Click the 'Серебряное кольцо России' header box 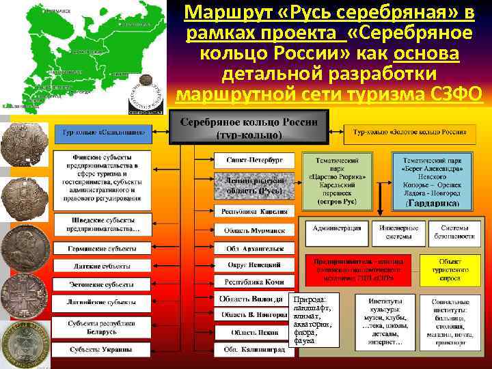click(x=249, y=128)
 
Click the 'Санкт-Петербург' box click(x=254, y=159)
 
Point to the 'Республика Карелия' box click(x=254, y=211)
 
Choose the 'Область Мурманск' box click(x=254, y=231)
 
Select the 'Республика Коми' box click(x=254, y=282)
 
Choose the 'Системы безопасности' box click(x=454, y=232)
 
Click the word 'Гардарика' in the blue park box click(x=437, y=203)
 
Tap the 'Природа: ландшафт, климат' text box click(x=312, y=320)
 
